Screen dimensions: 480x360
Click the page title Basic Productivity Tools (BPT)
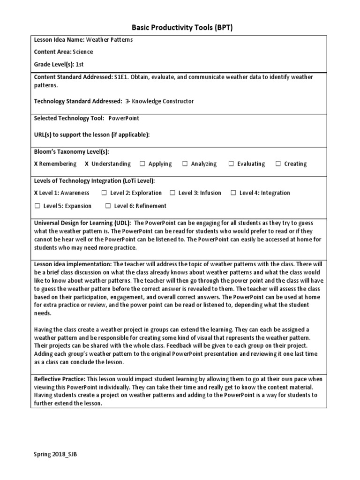pyautogui.click(x=180, y=28)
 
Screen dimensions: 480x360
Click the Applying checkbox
pyautogui.click(x=142, y=164)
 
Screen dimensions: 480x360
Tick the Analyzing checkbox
pyautogui.click(x=185, y=164)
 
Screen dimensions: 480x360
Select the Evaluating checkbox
pyautogui.click(x=231, y=164)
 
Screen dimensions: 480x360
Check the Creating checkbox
pyautogui.click(x=278, y=164)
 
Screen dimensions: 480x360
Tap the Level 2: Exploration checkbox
pyautogui.click(x=104, y=193)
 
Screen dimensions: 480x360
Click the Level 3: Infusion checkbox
pyautogui.click(x=172, y=193)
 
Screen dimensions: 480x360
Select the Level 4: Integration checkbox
pyautogui.click(x=233, y=193)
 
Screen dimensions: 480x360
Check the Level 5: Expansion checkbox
pyautogui.click(x=37, y=206)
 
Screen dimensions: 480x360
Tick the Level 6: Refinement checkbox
pyautogui.click(x=108, y=206)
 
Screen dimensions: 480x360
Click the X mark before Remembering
pyautogui.click(x=36, y=164)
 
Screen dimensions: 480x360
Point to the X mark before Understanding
pyautogui.click(x=87, y=164)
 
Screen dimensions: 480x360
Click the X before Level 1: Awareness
pyautogui.click(x=36, y=193)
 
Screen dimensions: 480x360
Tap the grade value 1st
pyautogui.click(x=80, y=64)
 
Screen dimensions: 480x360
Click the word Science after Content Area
pyautogui.click(x=83, y=52)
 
